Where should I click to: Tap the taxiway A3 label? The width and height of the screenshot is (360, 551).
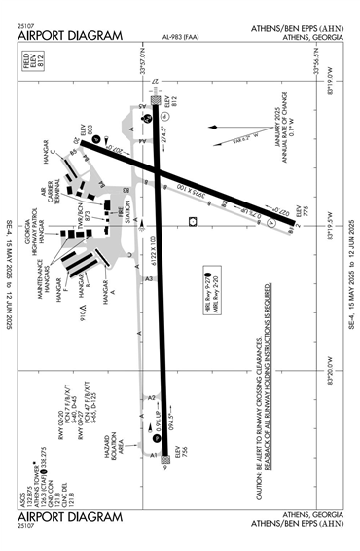click(149, 279)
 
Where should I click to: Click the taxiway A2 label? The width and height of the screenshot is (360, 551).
click(151, 398)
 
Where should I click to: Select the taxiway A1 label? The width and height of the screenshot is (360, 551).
click(152, 454)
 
